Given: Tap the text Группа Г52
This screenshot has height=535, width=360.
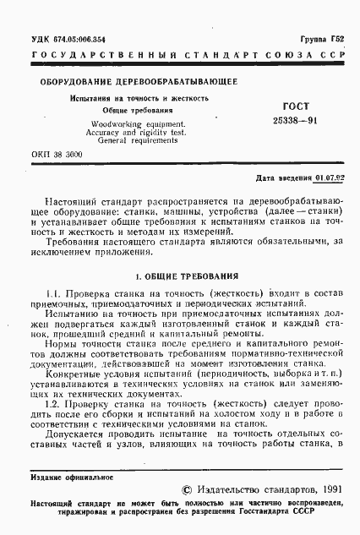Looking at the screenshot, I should (328, 39).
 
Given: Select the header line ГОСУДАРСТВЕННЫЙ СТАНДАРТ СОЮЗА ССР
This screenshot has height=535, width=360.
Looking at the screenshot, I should (179, 56).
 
